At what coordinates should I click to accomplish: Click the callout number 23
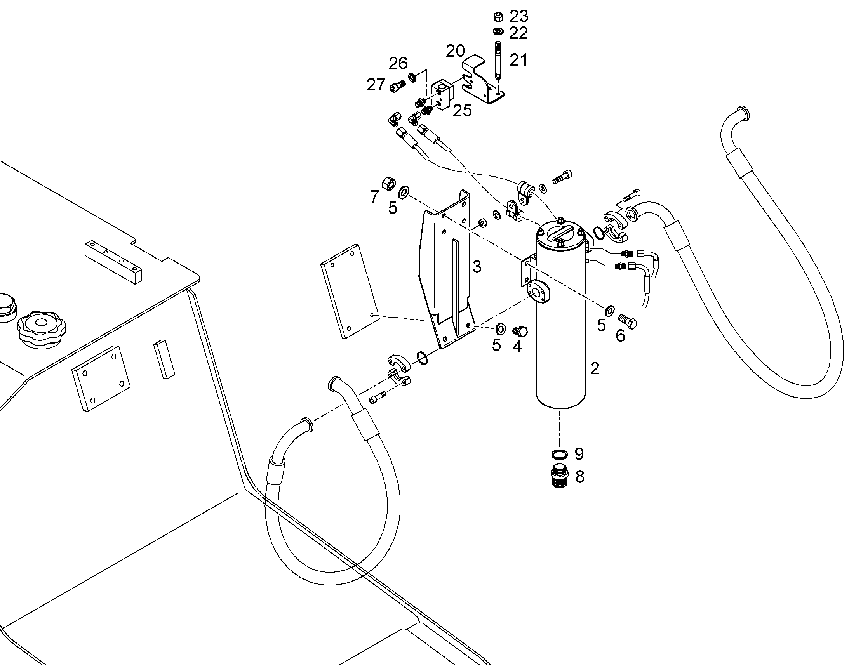coord(519,16)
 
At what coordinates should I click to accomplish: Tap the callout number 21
coord(518,60)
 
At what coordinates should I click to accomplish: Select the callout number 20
coord(455,51)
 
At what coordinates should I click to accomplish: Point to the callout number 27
coord(376,85)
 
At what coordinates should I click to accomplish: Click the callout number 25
coord(462,111)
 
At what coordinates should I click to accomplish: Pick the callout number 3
coord(477,267)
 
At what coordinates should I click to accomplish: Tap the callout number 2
coord(595,368)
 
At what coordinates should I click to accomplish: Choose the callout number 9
coord(579,453)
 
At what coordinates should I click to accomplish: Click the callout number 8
coord(580,476)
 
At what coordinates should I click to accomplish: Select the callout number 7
coord(374,197)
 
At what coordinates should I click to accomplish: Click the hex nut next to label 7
coord(388,183)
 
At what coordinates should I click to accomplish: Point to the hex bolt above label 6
coord(627,321)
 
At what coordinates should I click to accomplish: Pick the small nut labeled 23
coord(498,17)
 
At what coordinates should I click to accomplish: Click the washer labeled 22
coord(498,31)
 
